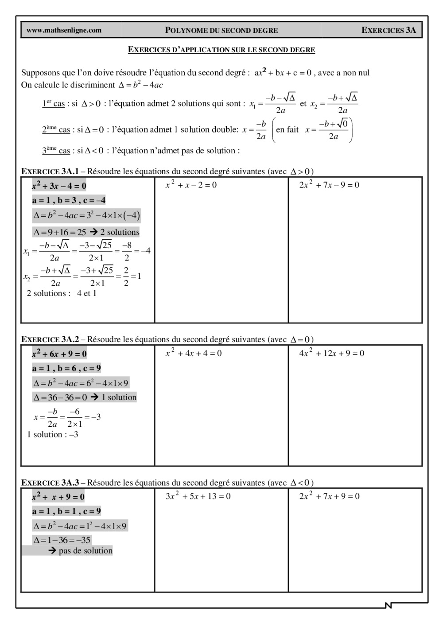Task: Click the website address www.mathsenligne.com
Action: tap(64, 31)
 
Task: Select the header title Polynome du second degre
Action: tap(221, 31)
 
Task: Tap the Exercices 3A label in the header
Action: tap(389, 31)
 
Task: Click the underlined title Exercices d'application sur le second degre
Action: tap(221, 50)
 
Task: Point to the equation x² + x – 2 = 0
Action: tap(191, 185)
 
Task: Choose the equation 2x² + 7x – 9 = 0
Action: tap(329, 185)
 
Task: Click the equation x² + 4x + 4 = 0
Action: tap(194, 353)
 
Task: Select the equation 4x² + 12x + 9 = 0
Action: tap(332, 353)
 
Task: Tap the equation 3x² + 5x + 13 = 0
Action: tap(198, 496)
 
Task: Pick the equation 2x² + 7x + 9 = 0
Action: tap(329, 496)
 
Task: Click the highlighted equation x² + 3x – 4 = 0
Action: tap(59, 186)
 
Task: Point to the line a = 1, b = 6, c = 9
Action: tap(66, 368)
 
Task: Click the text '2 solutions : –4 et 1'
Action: tap(62, 293)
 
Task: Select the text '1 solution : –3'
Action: tap(53, 435)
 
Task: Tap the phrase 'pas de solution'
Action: tap(85, 551)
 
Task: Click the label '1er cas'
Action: tap(53, 104)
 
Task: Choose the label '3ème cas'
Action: tap(56, 151)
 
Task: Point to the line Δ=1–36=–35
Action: tap(62, 540)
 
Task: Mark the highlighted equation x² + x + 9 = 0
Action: tap(58, 497)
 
